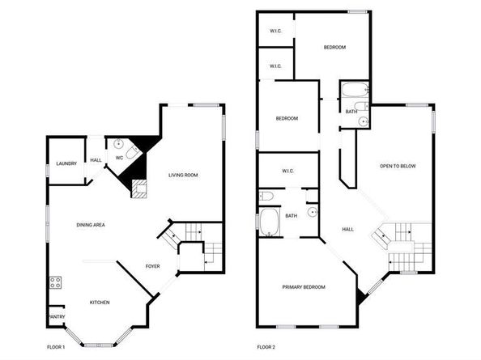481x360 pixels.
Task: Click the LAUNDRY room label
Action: point(66,163)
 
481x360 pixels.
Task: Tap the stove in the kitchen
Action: point(56,282)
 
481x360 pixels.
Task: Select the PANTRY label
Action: point(57,316)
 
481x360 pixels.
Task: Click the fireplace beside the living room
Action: point(139,189)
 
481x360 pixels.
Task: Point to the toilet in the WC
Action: point(133,151)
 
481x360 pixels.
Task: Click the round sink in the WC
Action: point(118,143)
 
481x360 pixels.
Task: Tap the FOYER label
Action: point(152,266)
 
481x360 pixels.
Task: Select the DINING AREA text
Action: point(91,225)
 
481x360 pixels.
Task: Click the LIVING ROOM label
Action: point(183,176)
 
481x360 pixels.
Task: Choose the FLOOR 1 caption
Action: point(56,347)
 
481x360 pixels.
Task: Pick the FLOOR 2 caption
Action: point(266,347)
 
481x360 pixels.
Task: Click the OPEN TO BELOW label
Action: point(398,166)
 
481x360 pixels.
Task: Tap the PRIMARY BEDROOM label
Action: point(304,287)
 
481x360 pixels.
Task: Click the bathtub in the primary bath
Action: point(269,222)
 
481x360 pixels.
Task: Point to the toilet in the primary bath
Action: point(266,196)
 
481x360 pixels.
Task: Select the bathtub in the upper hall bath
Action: point(355,90)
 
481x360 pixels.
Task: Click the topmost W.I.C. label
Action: point(276,31)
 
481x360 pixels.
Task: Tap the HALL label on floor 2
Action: point(348,229)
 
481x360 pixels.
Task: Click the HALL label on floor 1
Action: point(96,160)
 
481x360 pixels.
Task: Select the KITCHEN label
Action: point(100,303)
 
